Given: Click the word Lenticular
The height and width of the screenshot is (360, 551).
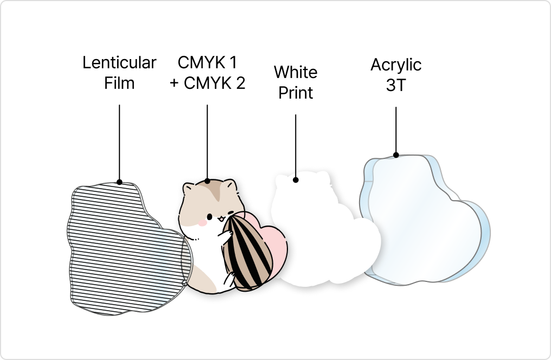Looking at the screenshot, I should pos(119,63).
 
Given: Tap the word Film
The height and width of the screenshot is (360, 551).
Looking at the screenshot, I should pos(119,83).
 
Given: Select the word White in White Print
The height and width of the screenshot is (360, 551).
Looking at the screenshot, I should pos(296,72).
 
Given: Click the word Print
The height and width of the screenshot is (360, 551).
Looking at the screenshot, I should pos(296,93).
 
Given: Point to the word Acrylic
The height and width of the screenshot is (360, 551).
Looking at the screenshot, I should pos(396,65).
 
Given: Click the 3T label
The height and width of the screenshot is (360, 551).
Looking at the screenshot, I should pos(396,85).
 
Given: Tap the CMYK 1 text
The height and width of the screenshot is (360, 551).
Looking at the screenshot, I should pos(207,62).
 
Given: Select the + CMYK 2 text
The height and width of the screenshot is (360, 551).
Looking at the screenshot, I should pos(207,83).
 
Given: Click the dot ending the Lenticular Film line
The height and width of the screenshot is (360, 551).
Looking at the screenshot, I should pos(119,182).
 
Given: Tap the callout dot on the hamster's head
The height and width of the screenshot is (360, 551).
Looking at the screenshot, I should pos(207,181).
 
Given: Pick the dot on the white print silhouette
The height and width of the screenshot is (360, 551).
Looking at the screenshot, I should pos(296,179).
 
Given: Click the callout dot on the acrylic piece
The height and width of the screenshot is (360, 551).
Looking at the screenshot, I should pos(396,155).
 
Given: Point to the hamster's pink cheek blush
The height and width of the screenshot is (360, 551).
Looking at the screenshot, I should pos(202,223).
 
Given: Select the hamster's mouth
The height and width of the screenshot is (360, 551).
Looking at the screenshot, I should pos(221,220).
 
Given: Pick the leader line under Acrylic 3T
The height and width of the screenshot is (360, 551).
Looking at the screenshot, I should pos(396,130).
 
